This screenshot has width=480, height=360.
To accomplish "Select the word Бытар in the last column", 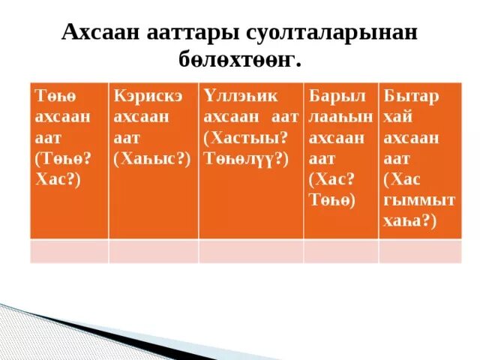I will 412,97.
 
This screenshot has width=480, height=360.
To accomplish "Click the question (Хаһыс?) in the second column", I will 151,158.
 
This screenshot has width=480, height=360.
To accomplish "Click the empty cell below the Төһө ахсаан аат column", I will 69,250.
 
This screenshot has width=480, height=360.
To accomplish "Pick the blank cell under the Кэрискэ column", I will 153,250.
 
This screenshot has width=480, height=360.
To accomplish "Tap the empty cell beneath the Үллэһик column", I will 250,250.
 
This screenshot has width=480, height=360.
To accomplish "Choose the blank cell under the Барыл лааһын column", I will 340,250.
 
